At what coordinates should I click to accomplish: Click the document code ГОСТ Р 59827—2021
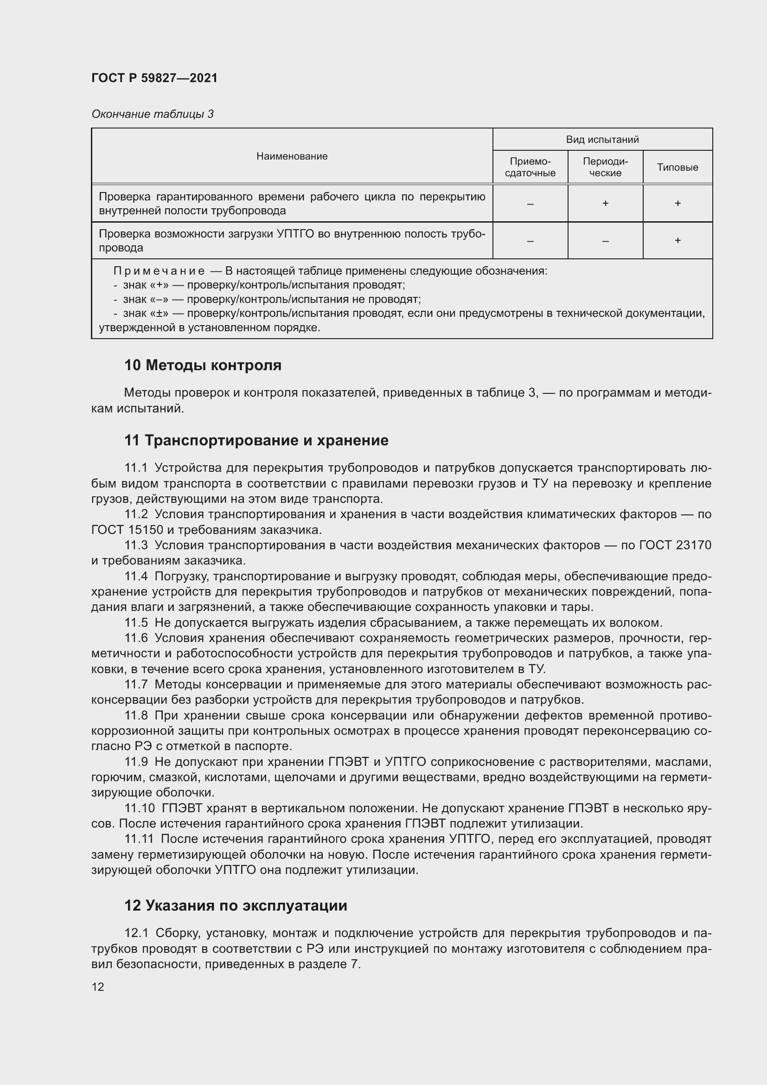click(154, 78)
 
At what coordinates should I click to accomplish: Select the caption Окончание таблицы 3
click(152, 114)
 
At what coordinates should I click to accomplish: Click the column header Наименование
click(292, 156)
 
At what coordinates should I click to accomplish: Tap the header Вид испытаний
click(602, 140)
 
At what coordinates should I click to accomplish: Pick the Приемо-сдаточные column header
click(530, 167)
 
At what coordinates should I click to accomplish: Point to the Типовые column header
click(677, 167)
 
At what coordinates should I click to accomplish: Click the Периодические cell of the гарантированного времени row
click(605, 203)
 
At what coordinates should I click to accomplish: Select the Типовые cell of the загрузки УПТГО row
click(677, 241)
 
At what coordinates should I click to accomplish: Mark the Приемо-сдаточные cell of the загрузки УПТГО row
click(530, 241)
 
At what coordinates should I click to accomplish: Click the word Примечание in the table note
click(159, 271)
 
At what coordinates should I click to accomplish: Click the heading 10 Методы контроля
click(203, 365)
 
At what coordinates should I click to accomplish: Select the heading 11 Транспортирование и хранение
click(256, 440)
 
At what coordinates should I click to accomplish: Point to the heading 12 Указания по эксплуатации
click(235, 905)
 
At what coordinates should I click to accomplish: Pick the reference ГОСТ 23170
click(675, 546)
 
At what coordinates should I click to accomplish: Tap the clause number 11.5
click(136, 623)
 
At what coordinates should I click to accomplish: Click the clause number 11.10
click(139, 809)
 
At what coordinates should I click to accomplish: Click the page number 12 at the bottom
click(98, 987)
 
